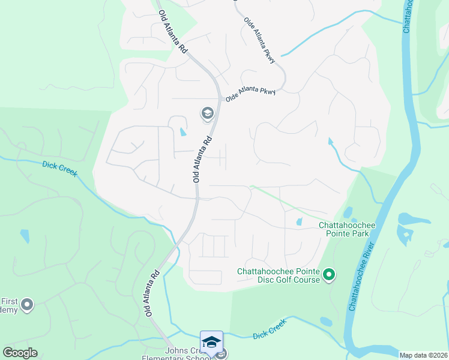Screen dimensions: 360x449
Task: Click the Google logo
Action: point(20,353)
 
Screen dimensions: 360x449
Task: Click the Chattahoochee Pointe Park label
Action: point(346,229)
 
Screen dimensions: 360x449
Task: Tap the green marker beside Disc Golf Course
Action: point(328,275)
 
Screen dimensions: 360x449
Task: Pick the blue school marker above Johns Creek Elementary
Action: point(211,342)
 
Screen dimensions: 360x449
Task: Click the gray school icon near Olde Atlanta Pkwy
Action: point(207,113)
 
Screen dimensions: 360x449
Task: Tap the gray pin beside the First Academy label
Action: point(26,306)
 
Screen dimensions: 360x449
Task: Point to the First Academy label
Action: point(9,306)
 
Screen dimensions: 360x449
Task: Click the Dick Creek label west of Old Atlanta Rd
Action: point(59,169)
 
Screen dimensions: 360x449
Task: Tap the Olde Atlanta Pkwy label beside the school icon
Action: point(250,93)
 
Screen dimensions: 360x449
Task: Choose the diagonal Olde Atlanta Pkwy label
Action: point(260,40)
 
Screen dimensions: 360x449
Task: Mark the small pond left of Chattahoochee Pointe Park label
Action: point(299,223)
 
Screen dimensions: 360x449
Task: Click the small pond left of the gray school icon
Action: point(183,131)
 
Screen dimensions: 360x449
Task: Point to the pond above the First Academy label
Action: point(23,235)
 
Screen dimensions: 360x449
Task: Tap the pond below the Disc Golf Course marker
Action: point(326,322)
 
